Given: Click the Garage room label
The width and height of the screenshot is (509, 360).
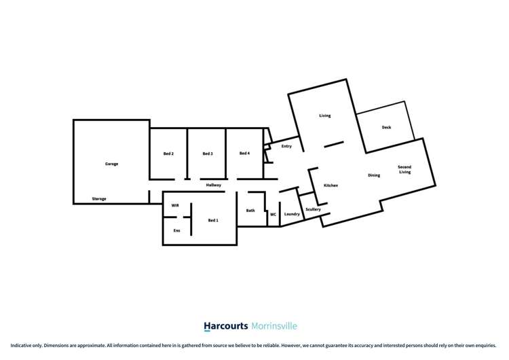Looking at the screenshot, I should tap(111, 164).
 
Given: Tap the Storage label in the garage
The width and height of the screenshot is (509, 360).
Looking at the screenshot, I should tap(99, 199).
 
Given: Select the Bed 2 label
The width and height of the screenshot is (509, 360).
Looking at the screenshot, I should tap(169, 154).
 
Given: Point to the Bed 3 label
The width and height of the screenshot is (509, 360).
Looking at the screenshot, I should tap(208, 154).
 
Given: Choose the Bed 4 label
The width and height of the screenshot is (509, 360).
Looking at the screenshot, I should tap(245, 154).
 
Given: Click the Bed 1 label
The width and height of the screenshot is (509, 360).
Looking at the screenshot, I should tap(213, 220).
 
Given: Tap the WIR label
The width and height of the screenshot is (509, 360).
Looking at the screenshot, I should tap(175, 205).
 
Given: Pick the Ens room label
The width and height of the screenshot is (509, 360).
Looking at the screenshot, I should tap(176, 231).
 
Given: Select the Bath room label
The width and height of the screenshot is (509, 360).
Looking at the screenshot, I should tap(250, 211).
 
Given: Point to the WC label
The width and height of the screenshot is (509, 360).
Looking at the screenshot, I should tap(273, 215).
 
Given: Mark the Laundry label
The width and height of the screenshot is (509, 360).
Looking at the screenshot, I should tap(292, 215).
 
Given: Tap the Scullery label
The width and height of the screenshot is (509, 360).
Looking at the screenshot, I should tap(313, 209).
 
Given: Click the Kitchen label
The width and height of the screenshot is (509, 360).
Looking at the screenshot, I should tap(331, 185).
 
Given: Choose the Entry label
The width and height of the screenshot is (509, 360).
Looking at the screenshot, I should tap(286, 146).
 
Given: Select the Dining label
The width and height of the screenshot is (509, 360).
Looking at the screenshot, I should tap(374, 175).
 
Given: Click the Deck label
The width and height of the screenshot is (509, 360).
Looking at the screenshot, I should tap(386, 127).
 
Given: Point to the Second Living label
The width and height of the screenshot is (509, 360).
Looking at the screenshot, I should tap(404, 170).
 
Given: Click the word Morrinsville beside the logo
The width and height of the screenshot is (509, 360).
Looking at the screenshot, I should tap(275, 326).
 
